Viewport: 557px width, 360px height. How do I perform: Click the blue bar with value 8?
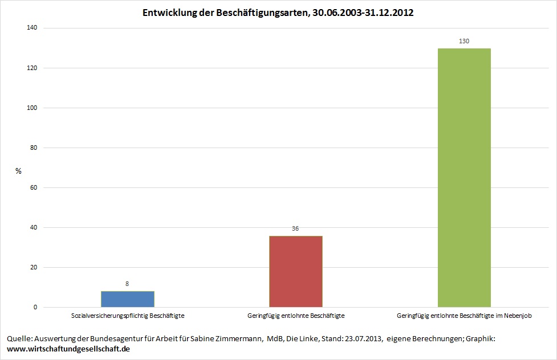[128, 299]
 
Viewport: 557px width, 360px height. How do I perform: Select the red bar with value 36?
[296, 272]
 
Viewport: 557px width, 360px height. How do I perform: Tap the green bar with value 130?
[464, 178]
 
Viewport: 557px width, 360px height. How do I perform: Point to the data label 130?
[464, 41]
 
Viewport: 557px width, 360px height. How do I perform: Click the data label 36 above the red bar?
[295, 228]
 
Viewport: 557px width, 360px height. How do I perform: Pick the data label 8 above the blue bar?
[128, 283]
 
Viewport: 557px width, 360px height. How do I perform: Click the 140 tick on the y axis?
[32, 28]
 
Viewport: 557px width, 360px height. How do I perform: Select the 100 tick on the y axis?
[32, 108]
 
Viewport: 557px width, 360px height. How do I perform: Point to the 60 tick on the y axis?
[34, 188]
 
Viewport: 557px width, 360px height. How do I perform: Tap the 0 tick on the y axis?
[35, 308]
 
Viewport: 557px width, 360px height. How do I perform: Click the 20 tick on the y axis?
[34, 268]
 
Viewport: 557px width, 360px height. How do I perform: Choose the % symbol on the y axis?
[18, 171]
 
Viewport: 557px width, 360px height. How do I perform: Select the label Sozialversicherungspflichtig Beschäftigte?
[128, 315]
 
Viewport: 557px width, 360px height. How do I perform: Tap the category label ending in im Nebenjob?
[464, 315]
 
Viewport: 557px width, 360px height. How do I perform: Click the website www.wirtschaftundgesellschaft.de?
[68, 349]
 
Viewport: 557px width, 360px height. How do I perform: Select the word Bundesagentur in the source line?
[119, 339]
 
